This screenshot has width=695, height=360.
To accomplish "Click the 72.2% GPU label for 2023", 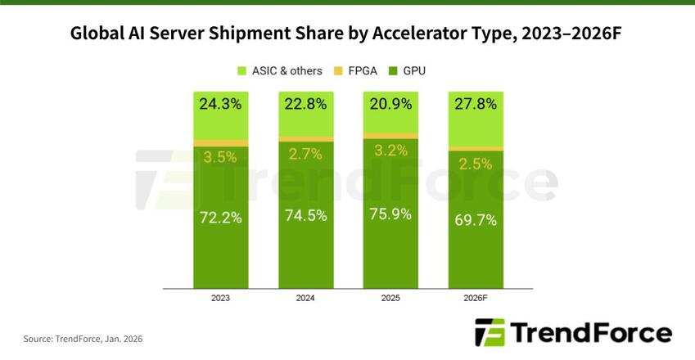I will pyautogui.click(x=220, y=218).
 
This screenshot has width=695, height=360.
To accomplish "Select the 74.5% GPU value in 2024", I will pyautogui.click(x=305, y=216).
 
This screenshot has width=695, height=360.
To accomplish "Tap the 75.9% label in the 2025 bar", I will pyautogui.click(x=390, y=215).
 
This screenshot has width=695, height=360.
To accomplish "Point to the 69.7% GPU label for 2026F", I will pyautogui.click(x=476, y=220).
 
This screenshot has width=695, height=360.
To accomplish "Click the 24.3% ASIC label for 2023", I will pyautogui.click(x=220, y=104).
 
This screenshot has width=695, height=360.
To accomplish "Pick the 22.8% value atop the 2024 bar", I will pyautogui.click(x=305, y=104).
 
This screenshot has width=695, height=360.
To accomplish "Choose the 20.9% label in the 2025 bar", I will pyautogui.click(x=390, y=104).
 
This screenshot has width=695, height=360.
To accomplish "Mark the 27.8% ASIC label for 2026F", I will pyautogui.click(x=476, y=104).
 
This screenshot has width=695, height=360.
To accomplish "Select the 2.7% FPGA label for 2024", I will pyautogui.click(x=305, y=153).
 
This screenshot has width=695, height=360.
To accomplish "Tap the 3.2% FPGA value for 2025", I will pyautogui.click(x=390, y=150).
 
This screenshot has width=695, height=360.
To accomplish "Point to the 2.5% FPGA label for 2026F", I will pyautogui.click(x=476, y=163).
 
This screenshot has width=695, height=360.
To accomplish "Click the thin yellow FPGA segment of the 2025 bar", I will pyautogui.click(x=390, y=136).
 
